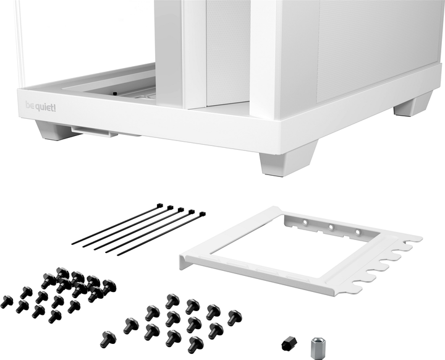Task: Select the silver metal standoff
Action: (317, 345)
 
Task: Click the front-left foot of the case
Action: (54, 130)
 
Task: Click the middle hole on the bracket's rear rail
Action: (331, 227)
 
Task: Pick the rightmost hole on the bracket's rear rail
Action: (357, 232)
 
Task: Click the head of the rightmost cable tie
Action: (201, 215)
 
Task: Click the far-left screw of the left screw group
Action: (6, 301)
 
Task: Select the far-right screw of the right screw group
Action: (234, 317)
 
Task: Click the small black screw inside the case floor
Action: (114, 93)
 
